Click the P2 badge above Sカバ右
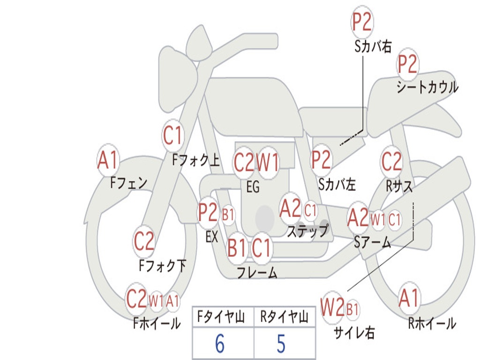pyautogui.click(x=362, y=22)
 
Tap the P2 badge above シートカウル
pyautogui.click(x=407, y=64)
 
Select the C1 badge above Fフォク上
pyautogui.click(x=172, y=135)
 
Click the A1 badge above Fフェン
pyautogui.click(x=108, y=160)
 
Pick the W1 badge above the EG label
pyautogui.click(x=268, y=162)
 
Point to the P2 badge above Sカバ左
pyautogui.click(x=321, y=159)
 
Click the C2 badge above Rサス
pyautogui.click(x=391, y=161)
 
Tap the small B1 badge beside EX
pyautogui.click(x=228, y=215)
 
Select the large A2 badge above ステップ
pyautogui.click(x=291, y=209)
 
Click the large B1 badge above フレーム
pyautogui.click(x=237, y=247)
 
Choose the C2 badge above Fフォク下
pyautogui.click(x=144, y=241)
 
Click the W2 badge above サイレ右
pyautogui.click(x=332, y=307)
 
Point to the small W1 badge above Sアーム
pyautogui.click(x=378, y=219)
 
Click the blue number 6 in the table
pyautogui.click(x=219, y=344)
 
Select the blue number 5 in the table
pyautogui.click(x=281, y=344)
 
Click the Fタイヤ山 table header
pyautogui.click(x=221, y=317)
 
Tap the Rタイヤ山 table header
pyautogui.click(x=284, y=317)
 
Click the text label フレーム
pyautogui.click(x=257, y=272)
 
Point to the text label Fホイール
pyautogui.click(x=157, y=323)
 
